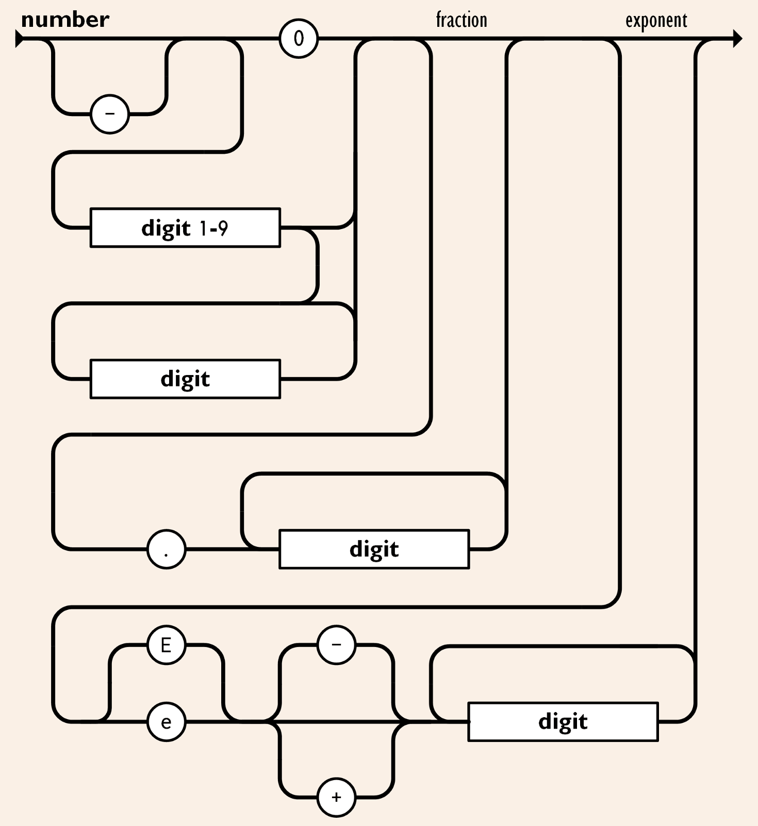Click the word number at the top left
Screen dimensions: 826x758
point(65,20)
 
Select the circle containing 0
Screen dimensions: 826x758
point(299,39)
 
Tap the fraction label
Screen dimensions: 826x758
point(461,20)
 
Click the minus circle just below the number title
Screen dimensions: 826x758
point(110,114)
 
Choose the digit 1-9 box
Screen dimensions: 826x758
point(185,228)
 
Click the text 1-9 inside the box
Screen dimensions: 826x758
point(213,228)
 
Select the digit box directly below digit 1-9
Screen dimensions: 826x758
point(185,379)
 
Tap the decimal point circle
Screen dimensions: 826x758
point(166,549)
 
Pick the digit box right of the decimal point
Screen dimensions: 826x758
point(374,549)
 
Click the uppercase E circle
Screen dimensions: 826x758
point(166,645)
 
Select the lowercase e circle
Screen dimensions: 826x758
point(166,722)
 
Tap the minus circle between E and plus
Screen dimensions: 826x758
point(336,645)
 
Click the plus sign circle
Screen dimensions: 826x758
point(336,797)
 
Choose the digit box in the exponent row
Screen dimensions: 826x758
point(563,722)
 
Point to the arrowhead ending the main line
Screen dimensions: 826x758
point(737,39)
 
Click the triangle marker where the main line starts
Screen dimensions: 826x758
point(19,39)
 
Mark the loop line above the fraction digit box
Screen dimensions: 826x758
point(374,474)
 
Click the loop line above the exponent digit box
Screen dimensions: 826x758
point(563,646)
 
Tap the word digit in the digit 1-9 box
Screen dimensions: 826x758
point(166,228)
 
